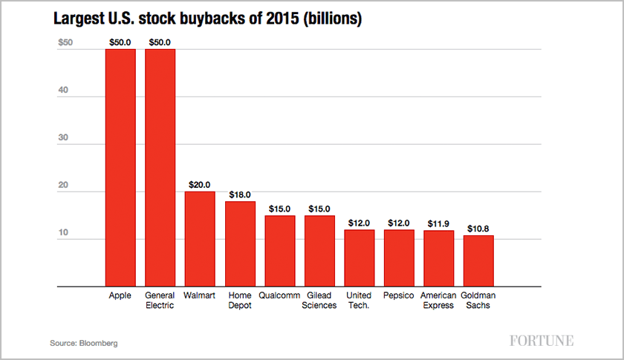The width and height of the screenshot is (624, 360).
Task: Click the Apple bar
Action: coord(120,167)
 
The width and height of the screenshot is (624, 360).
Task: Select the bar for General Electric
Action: coord(160,167)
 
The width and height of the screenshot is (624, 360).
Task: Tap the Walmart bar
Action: coord(200,238)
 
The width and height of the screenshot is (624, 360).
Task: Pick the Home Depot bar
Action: coord(240,243)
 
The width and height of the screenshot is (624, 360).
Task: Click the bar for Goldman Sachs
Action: coord(478,261)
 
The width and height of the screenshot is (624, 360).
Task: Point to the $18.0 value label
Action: coord(240,194)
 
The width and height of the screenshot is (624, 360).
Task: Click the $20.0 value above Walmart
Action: coord(200,185)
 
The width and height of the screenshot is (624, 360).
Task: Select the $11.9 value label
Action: coord(438,223)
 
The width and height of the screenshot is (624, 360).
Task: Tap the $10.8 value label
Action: coord(478,229)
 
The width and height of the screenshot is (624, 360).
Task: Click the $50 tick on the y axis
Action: coord(65,43)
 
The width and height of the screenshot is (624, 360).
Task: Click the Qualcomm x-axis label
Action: coord(279,295)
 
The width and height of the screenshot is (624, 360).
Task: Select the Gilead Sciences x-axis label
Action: coord(319,300)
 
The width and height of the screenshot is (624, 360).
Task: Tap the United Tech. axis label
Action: coord(359,300)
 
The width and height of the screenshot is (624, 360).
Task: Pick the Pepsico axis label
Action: coord(399,295)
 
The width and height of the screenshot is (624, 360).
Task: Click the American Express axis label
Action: coord(438,300)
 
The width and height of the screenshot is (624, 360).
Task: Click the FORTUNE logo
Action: coord(542,341)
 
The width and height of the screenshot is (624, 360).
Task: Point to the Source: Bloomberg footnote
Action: coord(84,344)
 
